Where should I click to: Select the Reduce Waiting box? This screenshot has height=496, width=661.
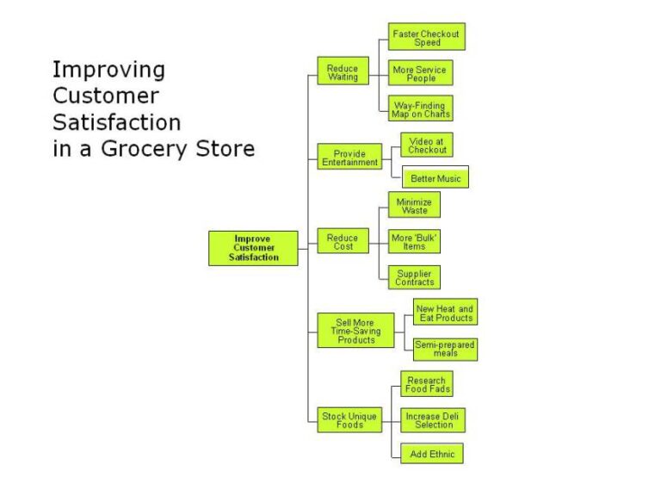343,72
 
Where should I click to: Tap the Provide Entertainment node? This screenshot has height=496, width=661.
349,158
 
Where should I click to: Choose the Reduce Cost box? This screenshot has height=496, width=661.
343,242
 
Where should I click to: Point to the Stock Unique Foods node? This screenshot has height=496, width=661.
349,420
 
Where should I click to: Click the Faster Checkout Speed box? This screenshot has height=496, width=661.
426,37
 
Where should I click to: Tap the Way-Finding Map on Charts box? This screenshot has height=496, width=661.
421,108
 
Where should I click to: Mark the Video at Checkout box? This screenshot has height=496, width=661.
427,145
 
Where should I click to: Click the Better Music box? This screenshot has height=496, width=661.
436,178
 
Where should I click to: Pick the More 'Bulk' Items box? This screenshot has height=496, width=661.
414,241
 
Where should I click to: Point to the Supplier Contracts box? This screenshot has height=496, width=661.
414,277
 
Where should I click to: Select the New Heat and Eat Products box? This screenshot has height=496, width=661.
444,313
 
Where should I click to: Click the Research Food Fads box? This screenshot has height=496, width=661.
426,384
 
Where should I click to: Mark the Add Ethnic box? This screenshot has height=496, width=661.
431,454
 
